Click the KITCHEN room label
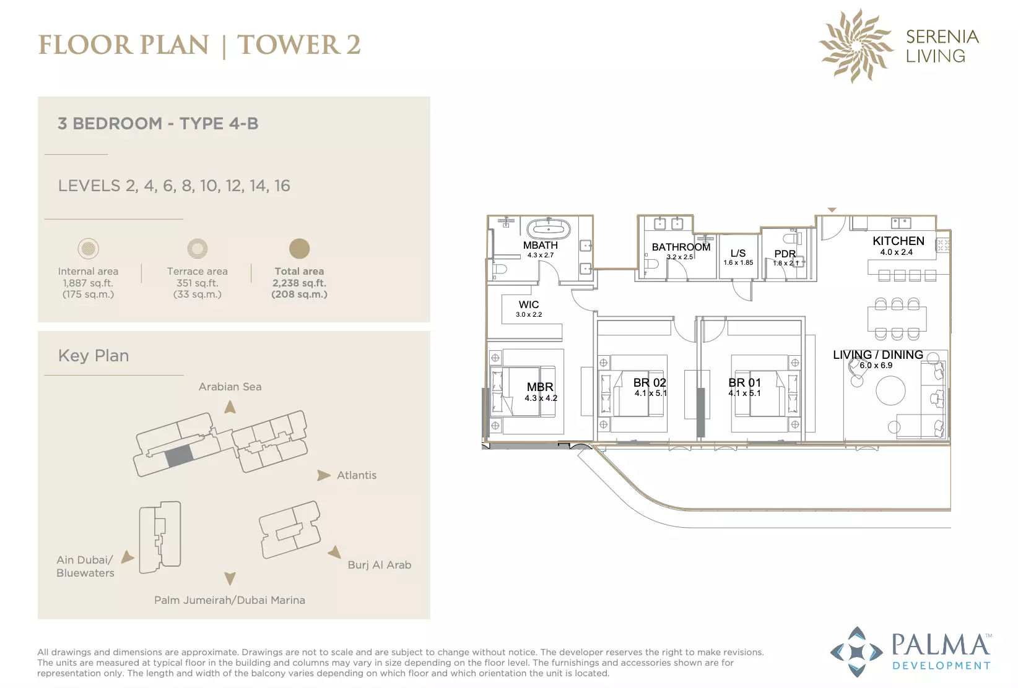898,241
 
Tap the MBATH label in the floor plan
540,245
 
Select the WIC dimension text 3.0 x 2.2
529,314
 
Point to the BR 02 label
650,383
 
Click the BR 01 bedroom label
744,383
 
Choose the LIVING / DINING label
877,355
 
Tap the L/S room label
738,254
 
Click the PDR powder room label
785,254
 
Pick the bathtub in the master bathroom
549,228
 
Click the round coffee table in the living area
890,390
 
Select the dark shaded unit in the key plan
178,456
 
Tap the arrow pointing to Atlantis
324,475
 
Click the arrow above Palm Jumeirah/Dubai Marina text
230,578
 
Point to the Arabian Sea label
230,387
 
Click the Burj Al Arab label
380,565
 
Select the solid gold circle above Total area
300,249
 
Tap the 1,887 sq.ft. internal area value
88,283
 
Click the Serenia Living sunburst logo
856,46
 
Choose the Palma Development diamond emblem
856,652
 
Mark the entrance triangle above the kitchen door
832,210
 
